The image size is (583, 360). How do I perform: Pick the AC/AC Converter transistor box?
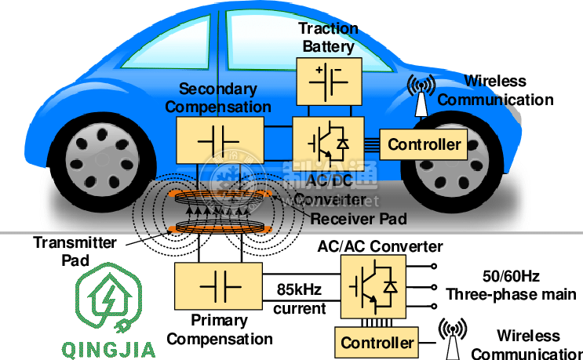373,285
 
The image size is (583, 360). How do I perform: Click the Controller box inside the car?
424,144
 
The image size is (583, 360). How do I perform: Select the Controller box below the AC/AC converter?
377,343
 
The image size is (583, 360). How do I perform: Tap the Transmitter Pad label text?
64,250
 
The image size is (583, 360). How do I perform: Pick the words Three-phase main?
511,295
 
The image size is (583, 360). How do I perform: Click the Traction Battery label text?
328,37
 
